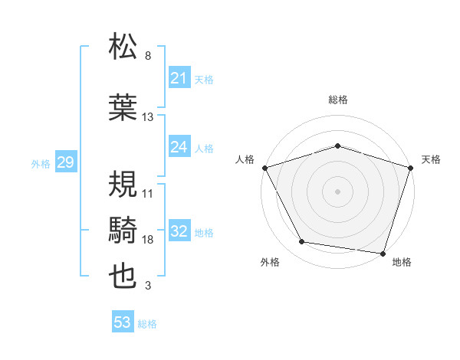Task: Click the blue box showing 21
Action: [179, 78]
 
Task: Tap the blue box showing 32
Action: [179, 232]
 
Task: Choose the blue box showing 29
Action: [65, 163]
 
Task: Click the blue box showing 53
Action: [122, 322]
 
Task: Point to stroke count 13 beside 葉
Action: [148, 117]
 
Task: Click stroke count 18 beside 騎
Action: [148, 240]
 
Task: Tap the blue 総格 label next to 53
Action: [147, 324]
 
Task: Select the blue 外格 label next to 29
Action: [41, 164]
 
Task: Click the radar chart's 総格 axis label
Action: [338, 100]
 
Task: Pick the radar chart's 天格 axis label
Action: [431, 159]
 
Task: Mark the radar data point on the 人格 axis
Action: [264, 168]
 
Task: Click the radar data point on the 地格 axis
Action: [383, 253]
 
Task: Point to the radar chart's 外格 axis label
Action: [270, 262]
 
